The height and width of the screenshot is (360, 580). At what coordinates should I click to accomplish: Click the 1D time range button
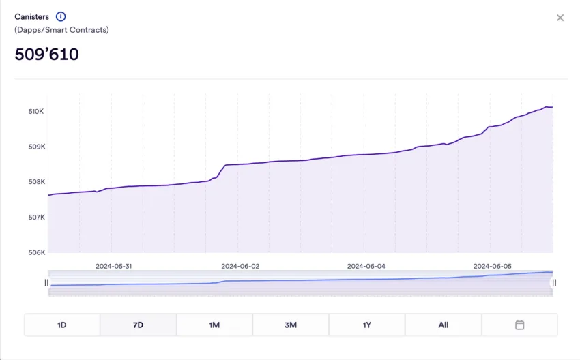62,325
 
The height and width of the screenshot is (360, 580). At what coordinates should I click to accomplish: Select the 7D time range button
138,325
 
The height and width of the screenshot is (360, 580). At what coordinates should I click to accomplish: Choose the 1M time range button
214,325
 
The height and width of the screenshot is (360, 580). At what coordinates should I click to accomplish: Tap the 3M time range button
291,325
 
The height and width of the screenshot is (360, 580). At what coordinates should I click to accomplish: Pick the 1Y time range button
367,325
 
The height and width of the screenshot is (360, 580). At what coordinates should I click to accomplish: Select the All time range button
444,325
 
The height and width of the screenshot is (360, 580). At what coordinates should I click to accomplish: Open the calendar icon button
519,325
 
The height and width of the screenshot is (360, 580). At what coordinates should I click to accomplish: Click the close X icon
560,18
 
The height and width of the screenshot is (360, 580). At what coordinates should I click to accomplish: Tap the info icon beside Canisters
61,16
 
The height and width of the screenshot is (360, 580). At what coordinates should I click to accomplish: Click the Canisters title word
31,16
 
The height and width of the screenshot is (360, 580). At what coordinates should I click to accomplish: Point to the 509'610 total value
46,55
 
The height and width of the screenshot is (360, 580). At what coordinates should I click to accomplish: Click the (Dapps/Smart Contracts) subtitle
61,30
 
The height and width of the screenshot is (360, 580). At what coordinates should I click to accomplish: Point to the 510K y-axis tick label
36,111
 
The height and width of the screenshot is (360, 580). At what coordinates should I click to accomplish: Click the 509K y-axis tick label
36,147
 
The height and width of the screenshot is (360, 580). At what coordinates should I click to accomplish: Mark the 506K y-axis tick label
36,252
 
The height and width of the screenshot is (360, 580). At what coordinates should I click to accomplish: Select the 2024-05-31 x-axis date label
113,266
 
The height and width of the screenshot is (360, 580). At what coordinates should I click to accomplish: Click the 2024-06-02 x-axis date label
240,266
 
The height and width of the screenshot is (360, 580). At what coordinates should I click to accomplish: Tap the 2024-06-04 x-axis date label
366,266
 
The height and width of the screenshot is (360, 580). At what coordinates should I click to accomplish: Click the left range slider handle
46,282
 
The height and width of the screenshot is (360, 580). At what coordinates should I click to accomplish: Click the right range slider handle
554,282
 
